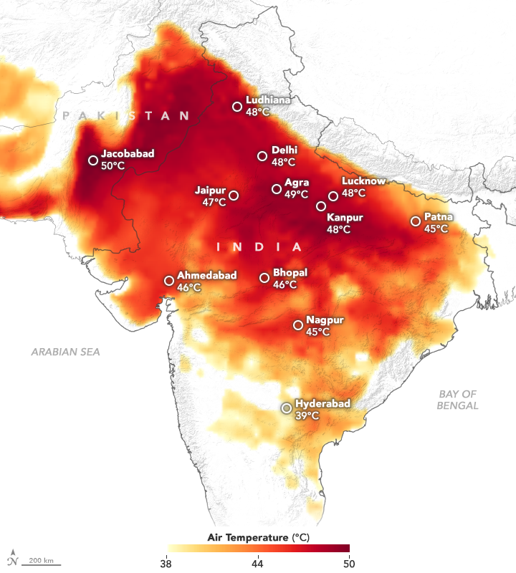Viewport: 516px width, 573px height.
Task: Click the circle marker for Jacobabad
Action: [x=93, y=160]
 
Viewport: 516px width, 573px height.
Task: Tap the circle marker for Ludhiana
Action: [x=237, y=107]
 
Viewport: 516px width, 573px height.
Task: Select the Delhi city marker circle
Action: [x=262, y=156]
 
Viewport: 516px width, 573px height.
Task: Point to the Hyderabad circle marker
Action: [x=287, y=408]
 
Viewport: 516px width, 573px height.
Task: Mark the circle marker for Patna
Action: [x=415, y=221]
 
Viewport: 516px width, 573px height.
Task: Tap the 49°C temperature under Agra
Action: [x=297, y=194]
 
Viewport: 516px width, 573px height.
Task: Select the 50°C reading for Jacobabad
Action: [x=113, y=165]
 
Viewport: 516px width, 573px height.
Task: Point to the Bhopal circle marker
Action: [x=264, y=278]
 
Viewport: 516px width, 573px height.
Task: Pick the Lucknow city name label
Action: [x=363, y=181]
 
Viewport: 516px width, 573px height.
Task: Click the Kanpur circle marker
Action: [x=321, y=207]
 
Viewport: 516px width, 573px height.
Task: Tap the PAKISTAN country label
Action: [x=126, y=115]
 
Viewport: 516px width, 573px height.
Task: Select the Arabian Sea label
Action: [x=65, y=352]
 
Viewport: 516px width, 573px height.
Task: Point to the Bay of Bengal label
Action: [x=459, y=400]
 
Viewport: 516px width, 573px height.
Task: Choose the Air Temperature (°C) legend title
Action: [x=258, y=536]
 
